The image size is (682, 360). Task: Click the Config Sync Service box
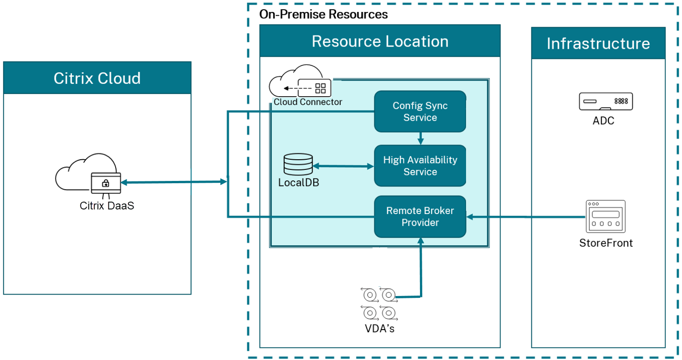420,111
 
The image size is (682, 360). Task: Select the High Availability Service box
420,166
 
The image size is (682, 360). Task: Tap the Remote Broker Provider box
420,216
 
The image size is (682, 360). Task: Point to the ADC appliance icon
606,101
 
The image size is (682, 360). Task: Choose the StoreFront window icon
606,216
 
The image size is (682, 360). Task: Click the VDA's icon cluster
379,304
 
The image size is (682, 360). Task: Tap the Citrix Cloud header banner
97,78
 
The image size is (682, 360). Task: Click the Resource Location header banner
380,41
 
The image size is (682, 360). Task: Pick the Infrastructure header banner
598,43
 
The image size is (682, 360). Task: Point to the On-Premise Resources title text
323,14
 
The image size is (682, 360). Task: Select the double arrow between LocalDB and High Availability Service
343,166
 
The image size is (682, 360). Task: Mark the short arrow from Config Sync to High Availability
420,138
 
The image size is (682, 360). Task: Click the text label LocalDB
298,183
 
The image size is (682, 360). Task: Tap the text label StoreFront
606,243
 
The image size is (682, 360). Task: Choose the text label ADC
604,121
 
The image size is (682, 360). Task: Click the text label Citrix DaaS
107,206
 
